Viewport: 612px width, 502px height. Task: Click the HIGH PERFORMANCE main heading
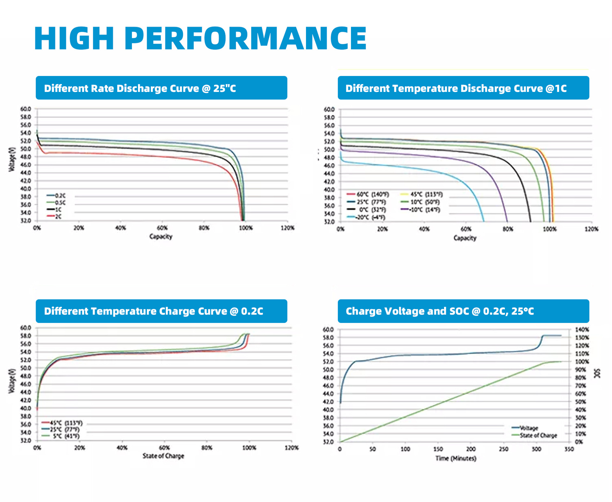coord(200,39)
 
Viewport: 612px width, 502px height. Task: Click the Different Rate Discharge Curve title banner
coord(161,88)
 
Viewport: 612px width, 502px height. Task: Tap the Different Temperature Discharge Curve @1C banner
coord(463,88)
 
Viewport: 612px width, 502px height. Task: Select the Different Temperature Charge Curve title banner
coord(161,311)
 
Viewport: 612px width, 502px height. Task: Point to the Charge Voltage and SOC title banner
coord(463,311)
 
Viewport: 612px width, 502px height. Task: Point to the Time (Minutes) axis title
coord(456,458)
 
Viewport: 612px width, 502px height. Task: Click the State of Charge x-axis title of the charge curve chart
coord(163,456)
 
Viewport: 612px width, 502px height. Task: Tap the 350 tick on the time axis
coord(569,449)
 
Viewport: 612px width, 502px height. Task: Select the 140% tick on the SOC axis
coord(582,330)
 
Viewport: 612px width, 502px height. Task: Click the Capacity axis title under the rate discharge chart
coord(161,236)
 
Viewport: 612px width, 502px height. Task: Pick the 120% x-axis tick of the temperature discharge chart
coord(592,229)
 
